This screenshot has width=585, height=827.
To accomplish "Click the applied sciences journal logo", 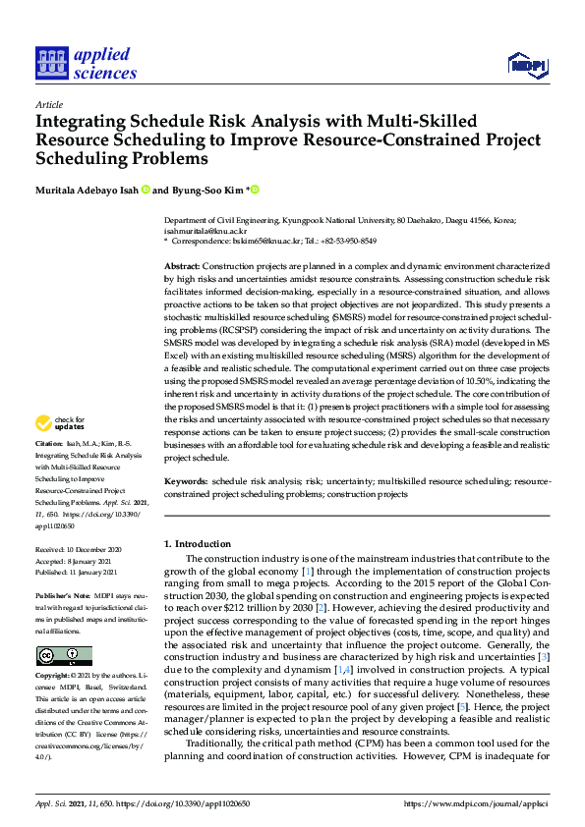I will click(x=85, y=64).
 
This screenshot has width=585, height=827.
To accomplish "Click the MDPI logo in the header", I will click(x=526, y=65).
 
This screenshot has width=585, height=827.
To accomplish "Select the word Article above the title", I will click(x=48, y=104).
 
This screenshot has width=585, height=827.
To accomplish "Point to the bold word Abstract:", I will click(x=182, y=267).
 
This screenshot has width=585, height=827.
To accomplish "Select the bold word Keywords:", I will click(x=185, y=481).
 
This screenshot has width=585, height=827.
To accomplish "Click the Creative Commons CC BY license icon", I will click(x=64, y=655).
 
